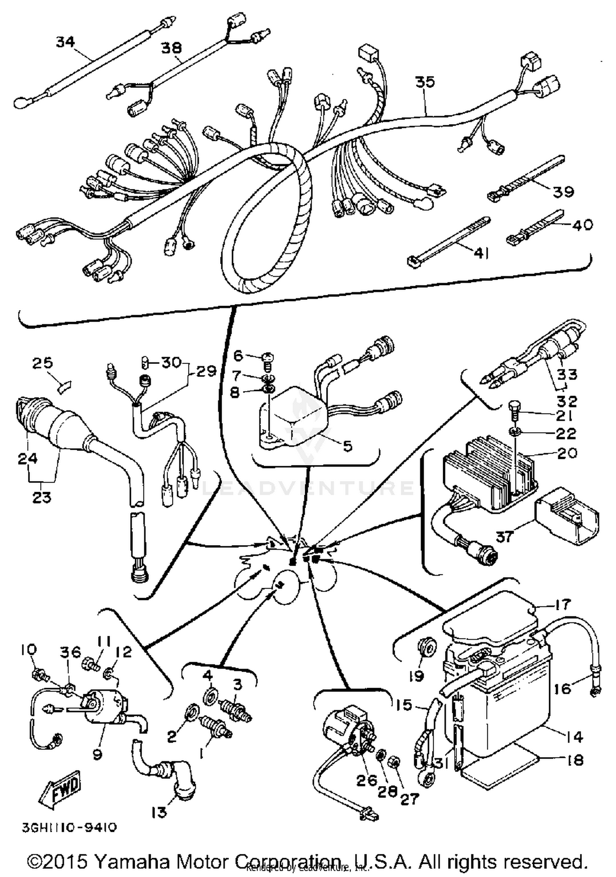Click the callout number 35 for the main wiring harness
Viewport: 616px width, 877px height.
pyautogui.click(x=425, y=82)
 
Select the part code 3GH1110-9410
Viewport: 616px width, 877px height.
pyautogui.click(x=69, y=827)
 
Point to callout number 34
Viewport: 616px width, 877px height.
pyautogui.click(x=66, y=42)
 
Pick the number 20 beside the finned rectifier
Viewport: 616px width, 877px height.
pyautogui.click(x=567, y=453)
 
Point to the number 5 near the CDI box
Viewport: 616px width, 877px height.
pyautogui.click(x=347, y=446)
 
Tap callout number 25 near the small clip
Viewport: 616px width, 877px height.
pyautogui.click(x=43, y=363)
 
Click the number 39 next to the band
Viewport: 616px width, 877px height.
pyautogui.click(x=563, y=191)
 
